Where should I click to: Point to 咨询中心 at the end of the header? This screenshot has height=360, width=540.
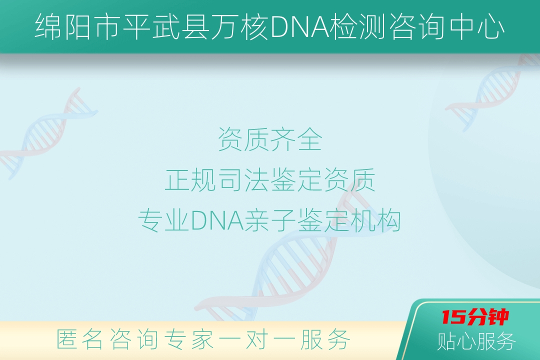click(x=446, y=27)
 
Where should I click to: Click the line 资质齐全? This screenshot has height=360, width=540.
click(x=270, y=139)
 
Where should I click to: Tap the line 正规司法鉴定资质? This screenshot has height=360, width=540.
click(x=270, y=180)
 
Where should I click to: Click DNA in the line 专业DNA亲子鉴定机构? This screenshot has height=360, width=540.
click(x=217, y=220)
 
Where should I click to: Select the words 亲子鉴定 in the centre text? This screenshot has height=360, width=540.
click(x=296, y=220)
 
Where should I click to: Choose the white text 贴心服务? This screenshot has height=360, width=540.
click(x=476, y=341)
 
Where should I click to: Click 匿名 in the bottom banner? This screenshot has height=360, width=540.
click(x=79, y=339)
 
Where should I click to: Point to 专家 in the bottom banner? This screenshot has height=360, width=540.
click(x=188, y=339)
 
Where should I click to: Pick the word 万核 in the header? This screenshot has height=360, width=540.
click(x=239, y=27)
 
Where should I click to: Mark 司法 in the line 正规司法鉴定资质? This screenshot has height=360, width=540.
click(x=244, y=180)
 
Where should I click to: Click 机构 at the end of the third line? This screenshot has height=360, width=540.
click(x=375, y=220)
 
